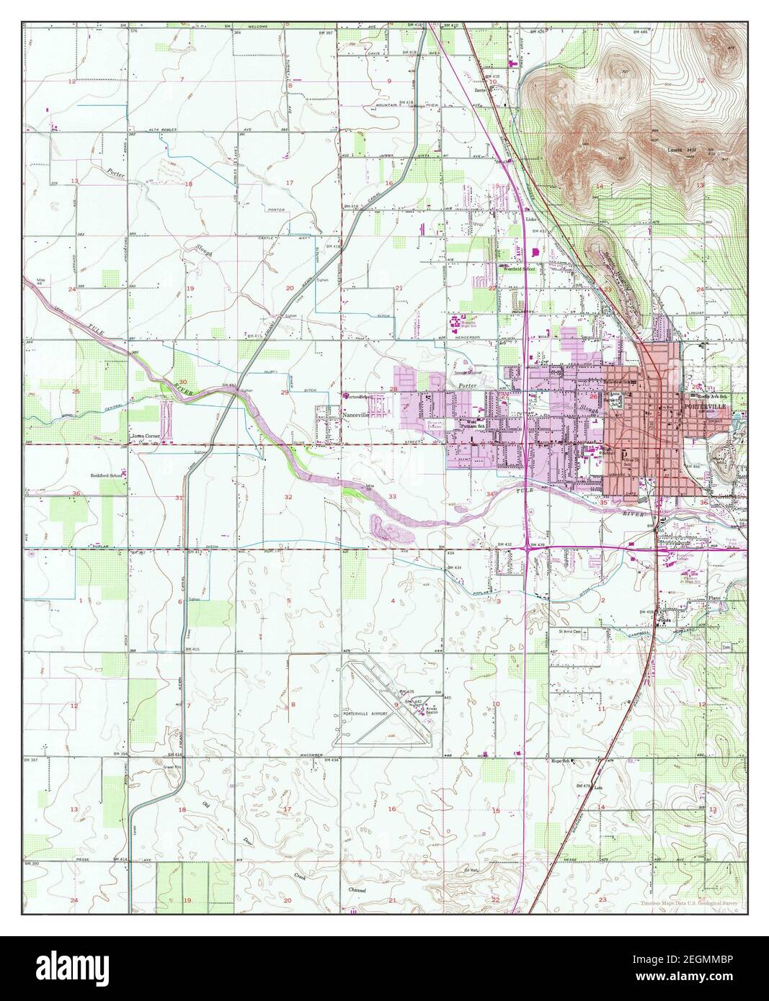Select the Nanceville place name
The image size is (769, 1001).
coord(355,416)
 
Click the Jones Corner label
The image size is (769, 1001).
coord(143,436)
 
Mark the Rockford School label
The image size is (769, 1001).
coord(105,475)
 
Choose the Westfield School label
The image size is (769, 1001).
coord(518,269)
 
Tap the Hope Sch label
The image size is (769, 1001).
coord(560,760)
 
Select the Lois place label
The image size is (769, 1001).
coord(597,788)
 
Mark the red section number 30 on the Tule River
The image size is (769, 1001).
coord(183,362)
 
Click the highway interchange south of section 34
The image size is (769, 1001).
coord(530,549)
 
